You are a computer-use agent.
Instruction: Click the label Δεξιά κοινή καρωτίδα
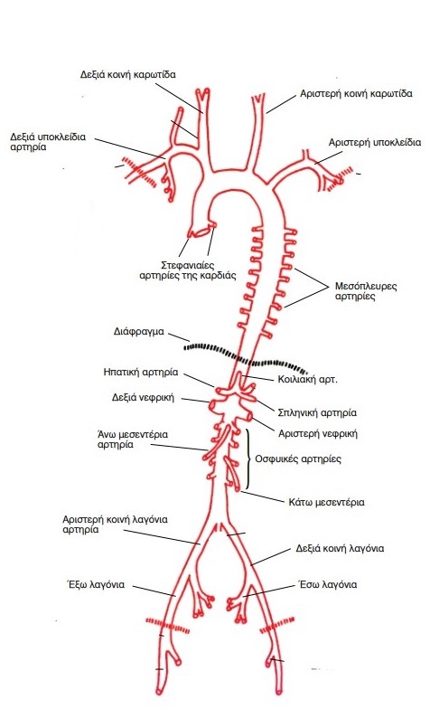point(128,74)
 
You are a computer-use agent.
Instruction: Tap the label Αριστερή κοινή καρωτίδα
point(356,94)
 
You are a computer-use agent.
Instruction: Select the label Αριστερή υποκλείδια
point(374,143)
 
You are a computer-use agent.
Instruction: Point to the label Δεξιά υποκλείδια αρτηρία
point(48,141)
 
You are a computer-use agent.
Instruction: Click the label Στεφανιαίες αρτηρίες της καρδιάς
point(188,269)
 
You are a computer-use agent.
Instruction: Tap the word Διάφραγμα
point(139,331)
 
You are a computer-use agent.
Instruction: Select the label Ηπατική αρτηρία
point(141,373)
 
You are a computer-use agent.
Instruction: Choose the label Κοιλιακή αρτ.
point(307,380)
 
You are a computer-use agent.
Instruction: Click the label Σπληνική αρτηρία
point(317,412)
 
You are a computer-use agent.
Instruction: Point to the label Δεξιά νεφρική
point(143,398)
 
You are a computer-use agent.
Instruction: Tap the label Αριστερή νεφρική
point(318,434)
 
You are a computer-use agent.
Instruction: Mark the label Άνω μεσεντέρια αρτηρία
point(132,440)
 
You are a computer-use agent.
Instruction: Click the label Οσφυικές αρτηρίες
point(298,459)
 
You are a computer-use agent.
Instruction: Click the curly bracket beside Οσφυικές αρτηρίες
point(248,459)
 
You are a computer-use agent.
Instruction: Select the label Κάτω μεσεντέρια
point(326,503)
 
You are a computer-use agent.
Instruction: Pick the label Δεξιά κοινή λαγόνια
point(340,548)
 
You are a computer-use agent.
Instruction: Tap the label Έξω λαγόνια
point(96,584)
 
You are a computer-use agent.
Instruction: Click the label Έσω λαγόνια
point(328,584)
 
